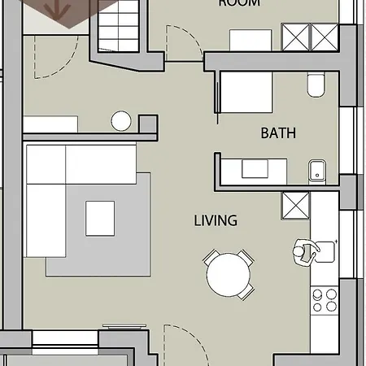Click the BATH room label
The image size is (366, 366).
click(x=277, y=133)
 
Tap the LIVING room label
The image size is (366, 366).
click(x=216, y=220)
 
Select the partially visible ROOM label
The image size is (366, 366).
click(x=239, y=3)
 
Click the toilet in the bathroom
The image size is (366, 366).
click(x=316, y=85)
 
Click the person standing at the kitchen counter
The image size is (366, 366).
click(x=304, y=252)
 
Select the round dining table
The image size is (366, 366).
click(x=229, y=276)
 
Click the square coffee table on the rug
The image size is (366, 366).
click(x=101, y=217)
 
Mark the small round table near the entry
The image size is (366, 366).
click(x=121, y=121)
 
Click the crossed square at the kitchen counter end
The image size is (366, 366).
click(x=294, y=206)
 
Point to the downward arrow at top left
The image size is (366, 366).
click(x=58, y=10)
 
